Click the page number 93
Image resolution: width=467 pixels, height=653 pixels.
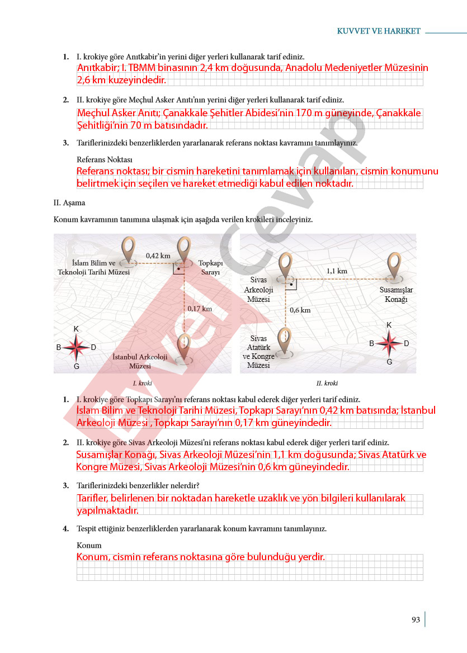pyautogui.click(x=416, y=619)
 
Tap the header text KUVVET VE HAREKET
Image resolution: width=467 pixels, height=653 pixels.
pyautogui.click(x=379, y=31)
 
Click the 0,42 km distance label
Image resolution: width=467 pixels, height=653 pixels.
pyautogui.click(x=158, y=255)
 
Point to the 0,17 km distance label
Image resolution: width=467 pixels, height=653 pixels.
pyautogui.click(x=200, y=309)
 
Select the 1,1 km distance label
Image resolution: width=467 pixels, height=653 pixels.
pyautogui.click(x=337, y=271)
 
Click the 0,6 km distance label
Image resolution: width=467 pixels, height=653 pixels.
pyautogui.click(x=300, y=310)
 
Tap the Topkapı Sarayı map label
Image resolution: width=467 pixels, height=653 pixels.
pyautogui.click(x=210, y=267)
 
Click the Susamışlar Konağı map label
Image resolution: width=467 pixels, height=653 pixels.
pyautogui.click(x=396, y=295)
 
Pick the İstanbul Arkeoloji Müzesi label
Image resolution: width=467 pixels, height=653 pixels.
pyautogui.click(x=140, y=362)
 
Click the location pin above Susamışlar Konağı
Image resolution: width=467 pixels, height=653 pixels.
pyautogui.click(x=394, y=266)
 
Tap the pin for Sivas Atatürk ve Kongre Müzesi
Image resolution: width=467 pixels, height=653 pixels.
pyautogui.click(x=285, y=341)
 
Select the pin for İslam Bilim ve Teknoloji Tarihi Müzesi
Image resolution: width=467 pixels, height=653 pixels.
pyautogui.click(x=129, y=250)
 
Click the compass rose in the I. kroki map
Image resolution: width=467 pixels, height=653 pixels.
pyautogui.click(x=76, y=347)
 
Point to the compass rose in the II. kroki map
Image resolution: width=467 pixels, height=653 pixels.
pyautogui.click(x=389, y=343)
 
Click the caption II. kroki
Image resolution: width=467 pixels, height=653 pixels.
pyautogui.click(x=327, y=383)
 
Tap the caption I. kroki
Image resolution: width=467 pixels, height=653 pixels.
pyautogui.click(x=142, y=383)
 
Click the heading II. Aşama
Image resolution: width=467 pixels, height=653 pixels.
pyautogui.click(x=69, y=203)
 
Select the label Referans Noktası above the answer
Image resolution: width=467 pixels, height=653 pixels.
pyautogui.click(x=105, y=159)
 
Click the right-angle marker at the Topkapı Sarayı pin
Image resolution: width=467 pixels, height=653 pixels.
pyautogui.click(x=178, y=268)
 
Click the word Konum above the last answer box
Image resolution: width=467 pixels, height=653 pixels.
pyautogui.click(x=89, y=546)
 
